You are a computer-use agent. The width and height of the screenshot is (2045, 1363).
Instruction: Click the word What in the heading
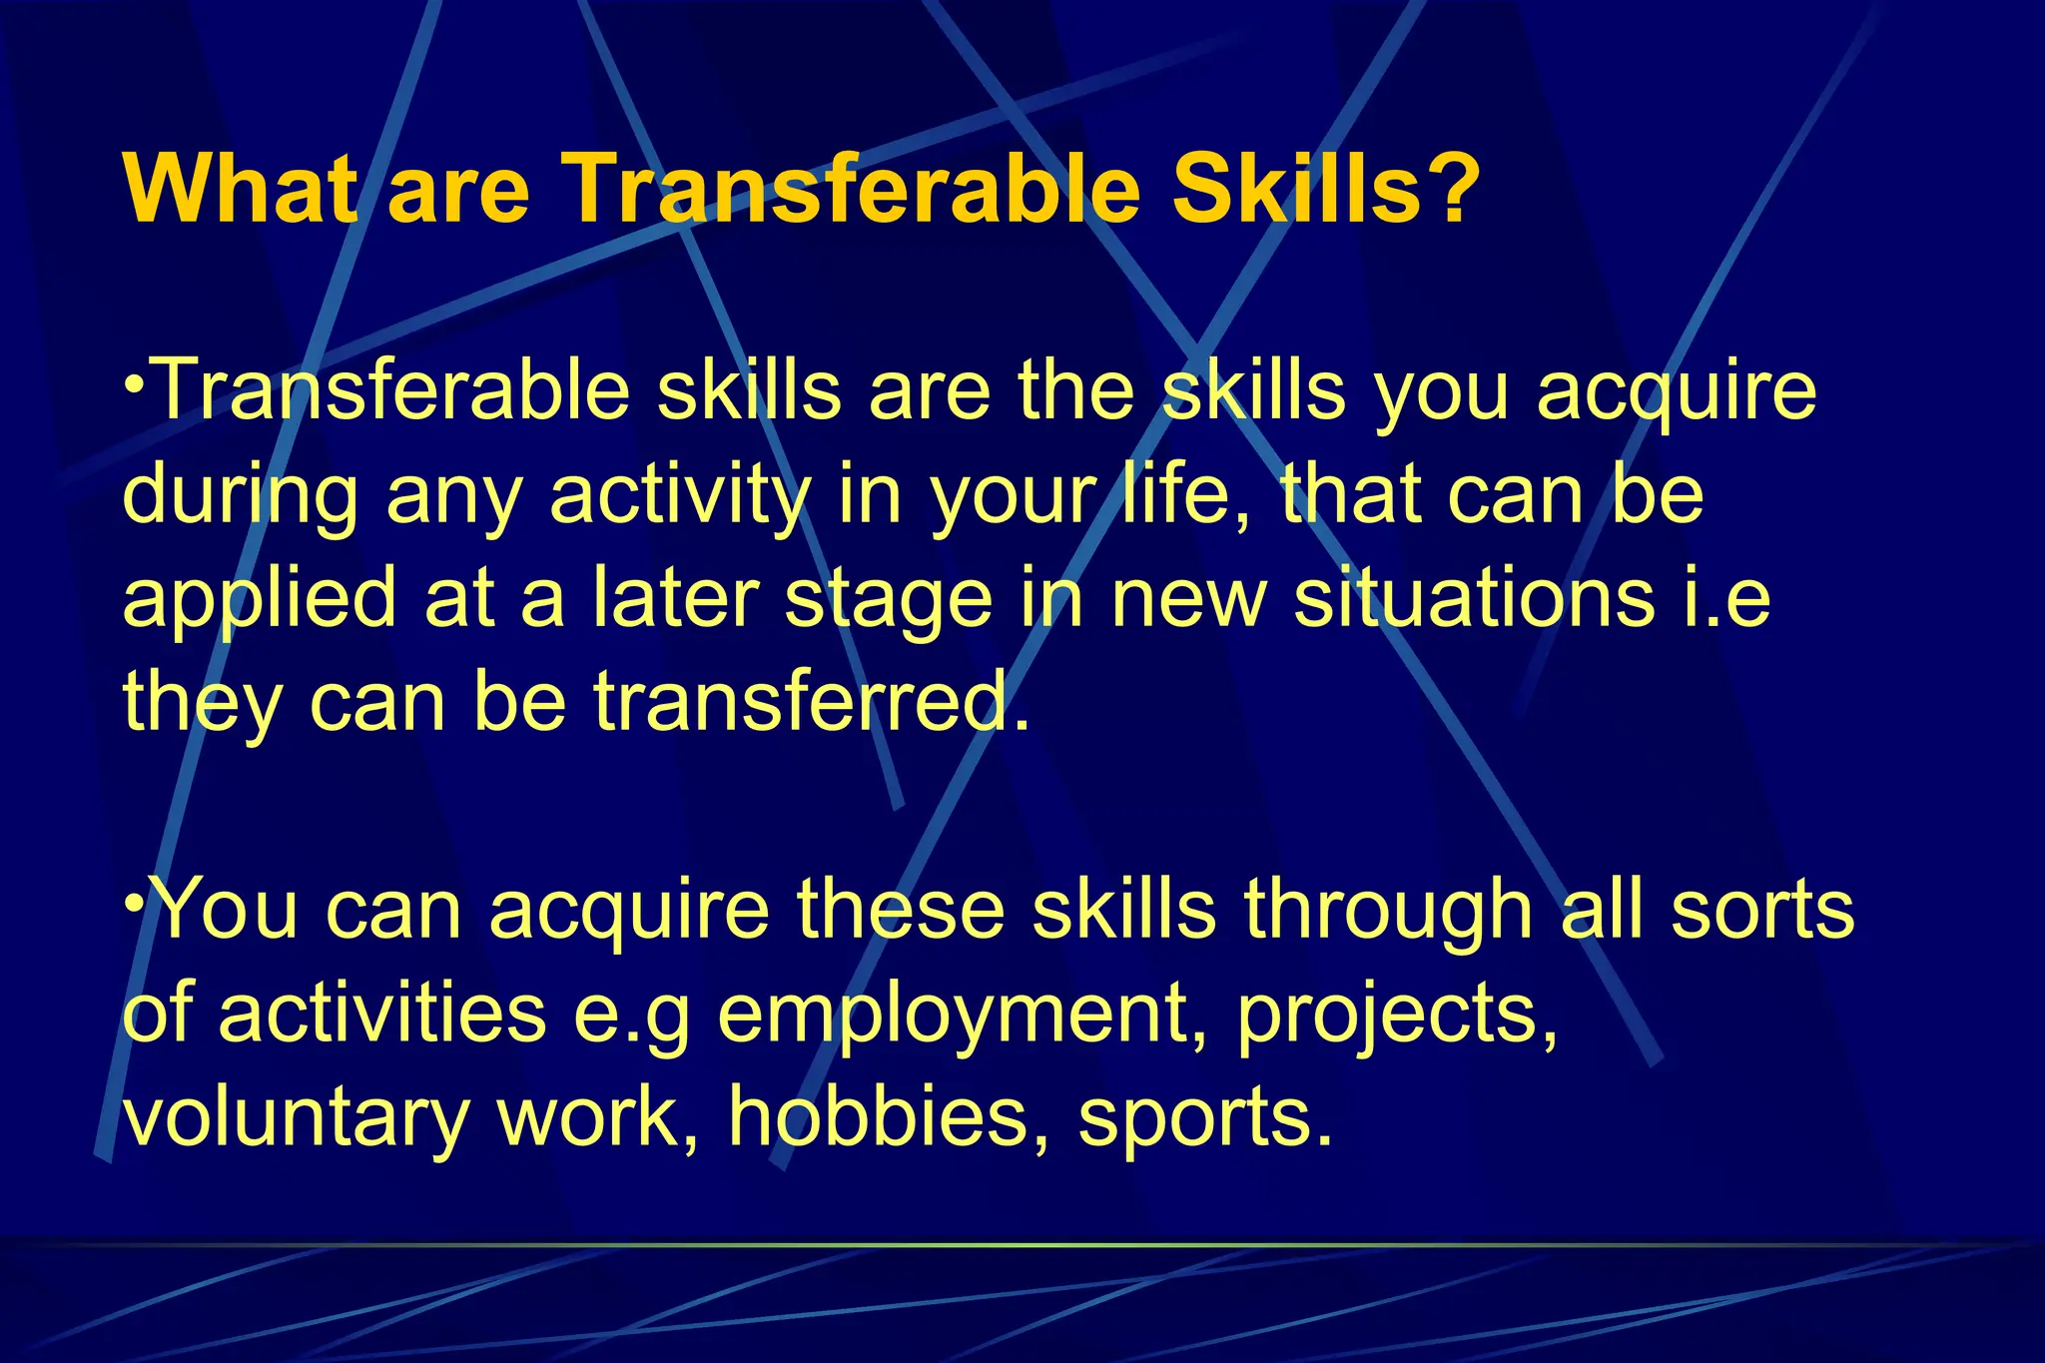tap(240, 190)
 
